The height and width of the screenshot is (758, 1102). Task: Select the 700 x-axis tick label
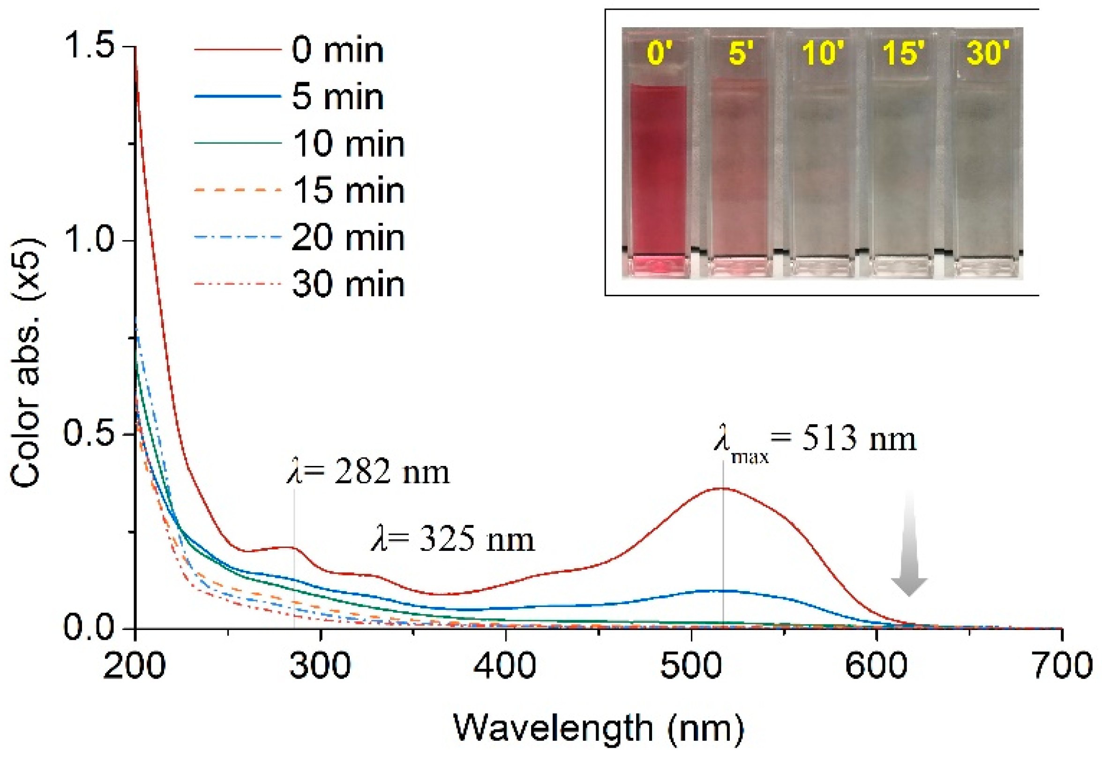pos(1063,665)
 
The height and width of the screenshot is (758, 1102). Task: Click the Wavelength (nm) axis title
pos(598,728)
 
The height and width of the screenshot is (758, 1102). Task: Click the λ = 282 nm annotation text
pos(368,472)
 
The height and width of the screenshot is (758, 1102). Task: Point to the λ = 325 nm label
pos(452,540)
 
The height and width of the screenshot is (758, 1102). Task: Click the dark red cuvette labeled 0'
pos(658,171)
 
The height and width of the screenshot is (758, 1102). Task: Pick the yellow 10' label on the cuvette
pos(822,52)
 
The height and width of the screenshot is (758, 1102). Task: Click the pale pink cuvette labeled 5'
pos(738,171)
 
